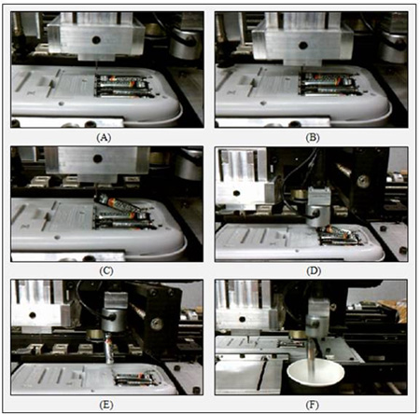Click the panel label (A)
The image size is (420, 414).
point(104,137)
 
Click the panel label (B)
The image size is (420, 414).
point(312,137)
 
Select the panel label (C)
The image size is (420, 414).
point(106,270)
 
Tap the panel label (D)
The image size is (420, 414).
point(314,270)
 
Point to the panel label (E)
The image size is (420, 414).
point(106,405)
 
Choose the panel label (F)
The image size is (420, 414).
point(312,405)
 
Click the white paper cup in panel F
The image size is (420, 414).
point(315,376)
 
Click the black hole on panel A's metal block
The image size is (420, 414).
point(96,40)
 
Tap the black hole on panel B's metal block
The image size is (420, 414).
point(303,46)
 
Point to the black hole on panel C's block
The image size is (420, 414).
point(98,159)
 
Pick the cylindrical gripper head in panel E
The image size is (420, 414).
point(114,320)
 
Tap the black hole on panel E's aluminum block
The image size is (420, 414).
point(33,315)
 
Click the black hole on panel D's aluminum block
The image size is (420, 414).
point(236,193)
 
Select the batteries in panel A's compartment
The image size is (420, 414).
point(123,86)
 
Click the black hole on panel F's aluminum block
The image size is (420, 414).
point(241,319)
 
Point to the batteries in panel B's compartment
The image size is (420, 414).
point(329,83)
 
